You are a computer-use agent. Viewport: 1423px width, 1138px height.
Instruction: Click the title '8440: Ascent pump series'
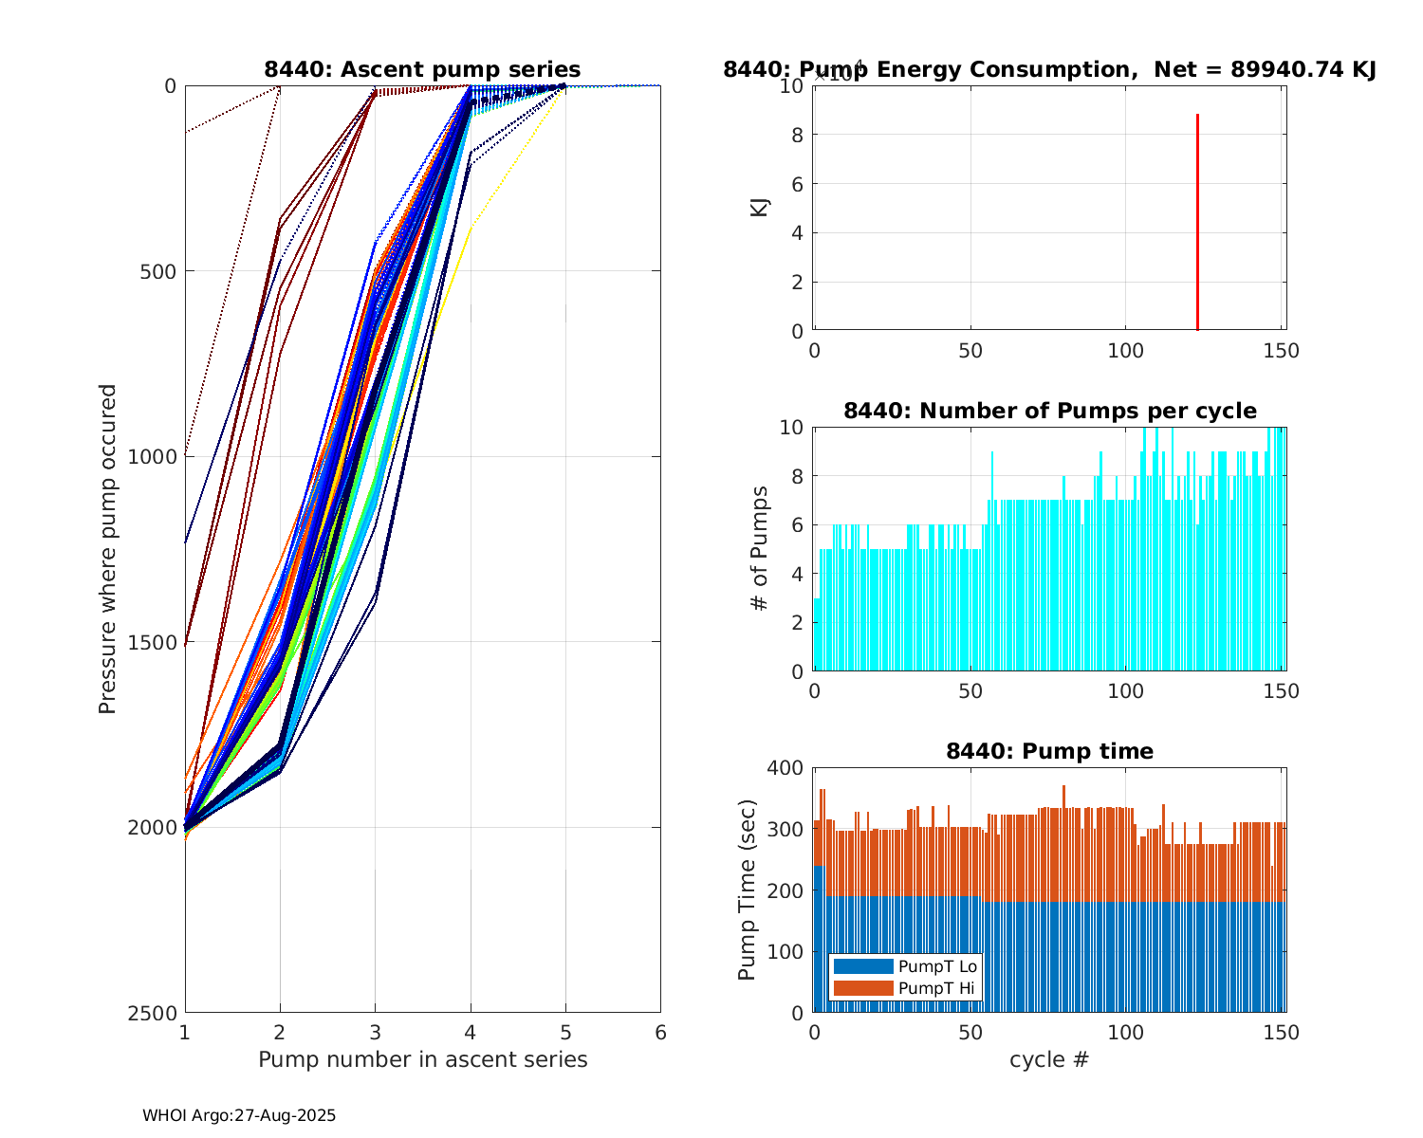[x=422, y=69]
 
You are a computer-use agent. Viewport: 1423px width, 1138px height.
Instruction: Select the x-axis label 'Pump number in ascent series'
[x=422, y=1059]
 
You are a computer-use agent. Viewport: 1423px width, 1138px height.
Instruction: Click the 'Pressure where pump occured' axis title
[x=107, y=548]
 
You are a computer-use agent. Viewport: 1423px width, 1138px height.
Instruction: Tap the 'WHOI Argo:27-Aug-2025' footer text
[x=239, y=1115]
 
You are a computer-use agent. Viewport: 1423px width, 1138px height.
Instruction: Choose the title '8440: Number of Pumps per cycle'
[x=1049, y=411]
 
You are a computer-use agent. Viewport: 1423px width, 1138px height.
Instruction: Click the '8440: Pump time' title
[x=1049, y=751]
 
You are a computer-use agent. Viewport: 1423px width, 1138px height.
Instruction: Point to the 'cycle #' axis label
[x=1049, y=1059]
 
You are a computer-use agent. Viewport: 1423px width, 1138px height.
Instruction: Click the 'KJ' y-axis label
[x=760, y=207]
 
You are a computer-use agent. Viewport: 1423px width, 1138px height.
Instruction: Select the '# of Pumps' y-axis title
[x=760, y=548]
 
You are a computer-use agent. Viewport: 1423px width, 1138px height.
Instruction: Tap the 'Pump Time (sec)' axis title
[x=748, y=890]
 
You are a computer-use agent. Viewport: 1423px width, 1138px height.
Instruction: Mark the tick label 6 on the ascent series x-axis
[x=660, y=1033]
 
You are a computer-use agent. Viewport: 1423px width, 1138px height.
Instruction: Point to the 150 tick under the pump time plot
[x=1282, y=1033]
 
